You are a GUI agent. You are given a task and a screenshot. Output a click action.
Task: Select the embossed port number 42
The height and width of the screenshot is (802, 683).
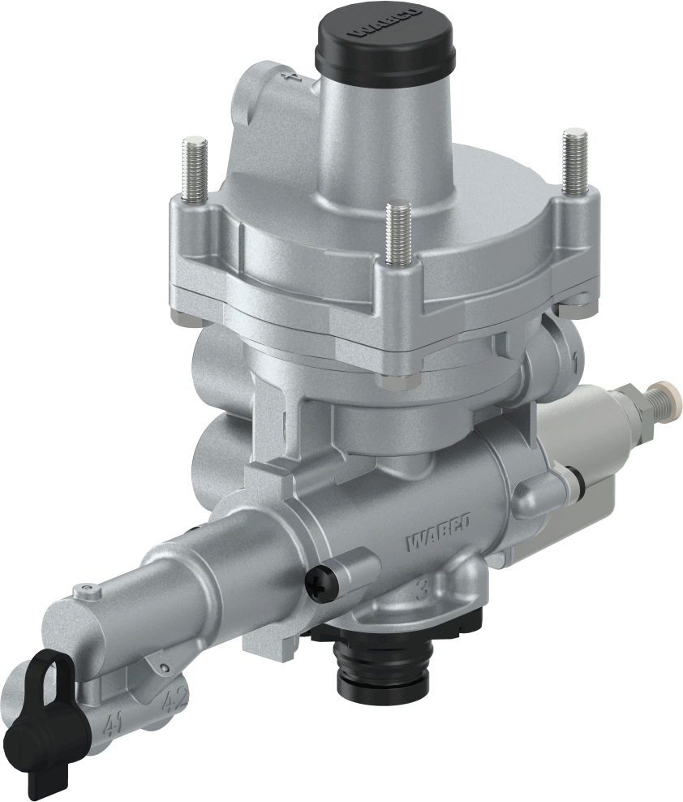click(x=175, y=699)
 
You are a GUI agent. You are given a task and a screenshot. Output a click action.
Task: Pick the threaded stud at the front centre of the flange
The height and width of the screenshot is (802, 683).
click(x=397, y=235)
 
